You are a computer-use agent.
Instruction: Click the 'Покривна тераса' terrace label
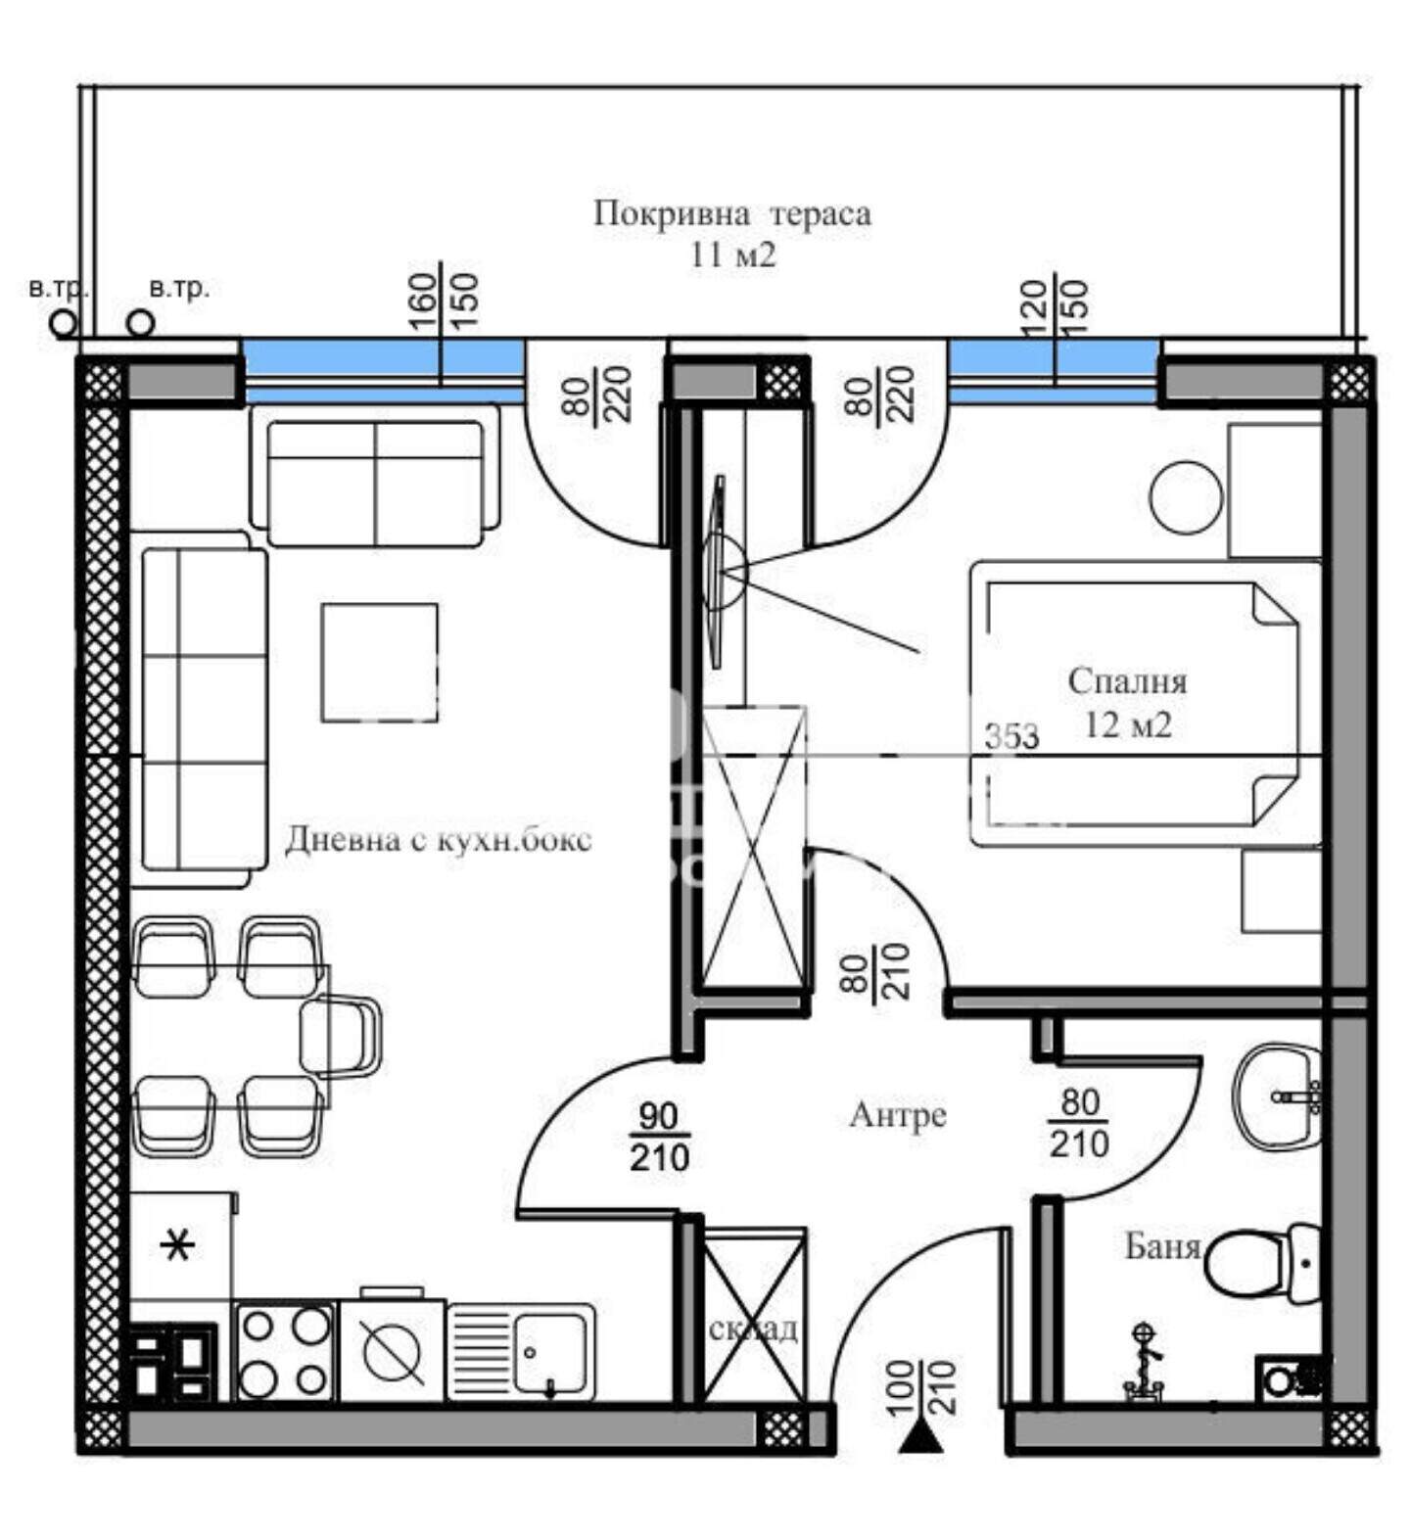(731, 213)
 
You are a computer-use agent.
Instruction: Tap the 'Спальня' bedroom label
(1127, 681)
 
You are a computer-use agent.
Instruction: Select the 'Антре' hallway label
(898, 1115)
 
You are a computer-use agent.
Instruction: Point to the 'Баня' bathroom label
(1162, 1245)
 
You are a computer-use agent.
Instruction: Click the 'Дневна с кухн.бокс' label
(439, 840)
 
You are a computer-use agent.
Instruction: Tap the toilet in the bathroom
(1263, 1262)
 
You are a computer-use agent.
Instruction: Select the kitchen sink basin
(550, 1353)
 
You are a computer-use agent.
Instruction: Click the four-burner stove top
(285, 1352)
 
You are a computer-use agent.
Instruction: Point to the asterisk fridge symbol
(177, 1246)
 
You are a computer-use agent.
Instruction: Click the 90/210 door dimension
(659, 1137)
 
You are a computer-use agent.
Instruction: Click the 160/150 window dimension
(441, 301)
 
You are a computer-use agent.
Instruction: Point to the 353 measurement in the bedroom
(1011, 736)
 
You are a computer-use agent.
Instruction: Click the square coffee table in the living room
(380, 662)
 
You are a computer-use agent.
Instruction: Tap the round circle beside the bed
(1186, 497)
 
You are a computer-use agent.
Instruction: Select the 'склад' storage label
(753, 1329)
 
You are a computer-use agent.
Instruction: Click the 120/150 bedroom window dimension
(1054, 307)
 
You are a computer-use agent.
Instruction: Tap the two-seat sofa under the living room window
(375, 476)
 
